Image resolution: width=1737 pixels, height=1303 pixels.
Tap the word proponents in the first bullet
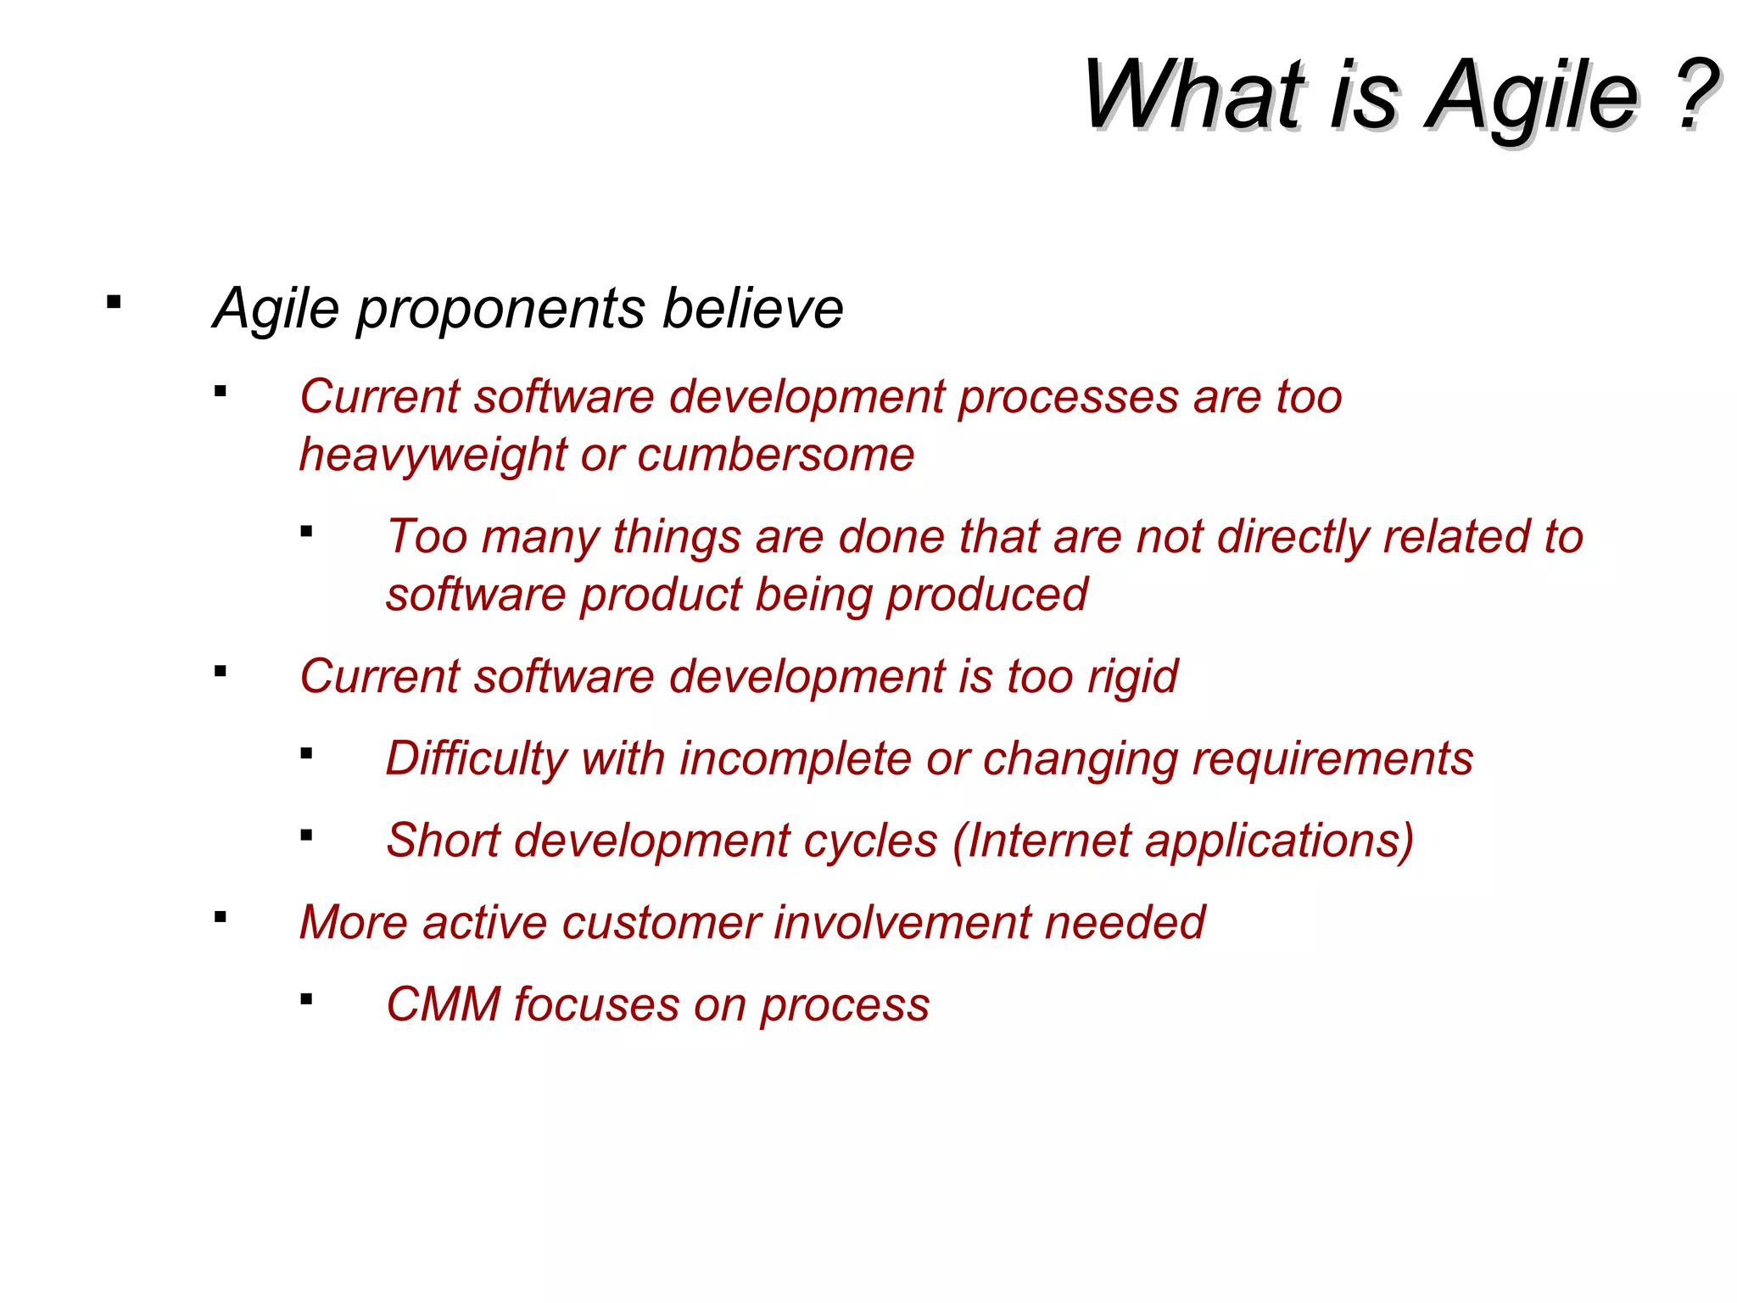pos(500,309)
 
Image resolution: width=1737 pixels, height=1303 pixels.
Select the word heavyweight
pos(433,456)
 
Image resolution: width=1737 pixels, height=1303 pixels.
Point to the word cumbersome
pos(776,456)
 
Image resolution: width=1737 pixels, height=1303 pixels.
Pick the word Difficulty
pos(476,759)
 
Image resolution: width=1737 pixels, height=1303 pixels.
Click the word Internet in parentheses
pos(1049,841)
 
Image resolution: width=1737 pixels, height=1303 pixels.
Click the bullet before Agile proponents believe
pos(114,302)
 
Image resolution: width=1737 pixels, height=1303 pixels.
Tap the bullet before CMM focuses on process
pos(306,999)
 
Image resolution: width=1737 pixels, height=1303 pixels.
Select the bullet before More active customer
pos(221,917)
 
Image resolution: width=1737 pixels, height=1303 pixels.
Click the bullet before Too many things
pos(306,533)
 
